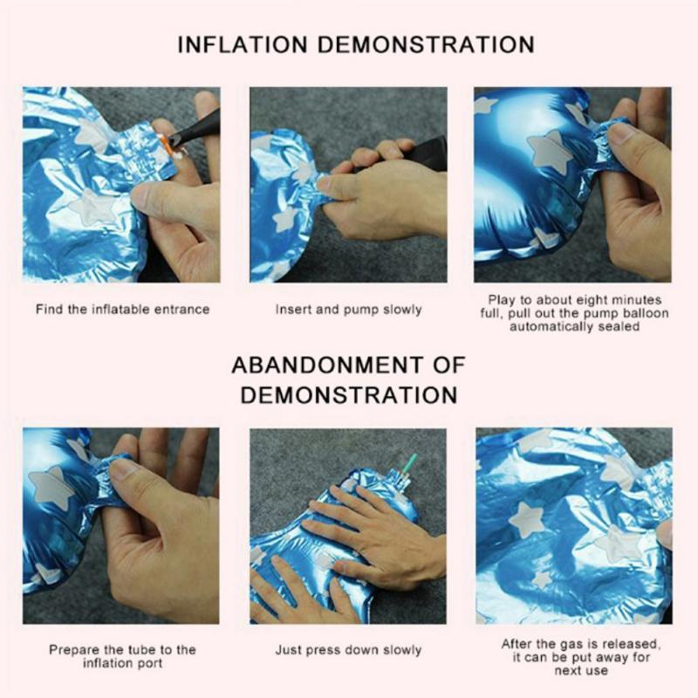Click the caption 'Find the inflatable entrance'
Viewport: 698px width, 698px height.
[123, 310]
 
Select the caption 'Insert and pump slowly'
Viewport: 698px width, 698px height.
[348, 310]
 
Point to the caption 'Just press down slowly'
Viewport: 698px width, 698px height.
[348, 650]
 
